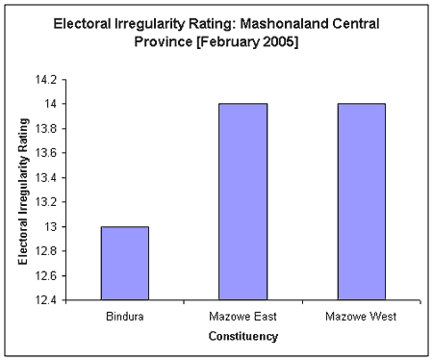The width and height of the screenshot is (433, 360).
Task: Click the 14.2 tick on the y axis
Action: pyautogui.click(x=47, y=79)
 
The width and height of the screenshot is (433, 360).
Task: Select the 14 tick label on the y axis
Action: pyautogui.click(x=52, y=104)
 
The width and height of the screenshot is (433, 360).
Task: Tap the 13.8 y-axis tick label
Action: pyautogui.click(x=47, y=128)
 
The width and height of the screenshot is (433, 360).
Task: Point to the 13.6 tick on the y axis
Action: pyautogui.click(x=47, y=153)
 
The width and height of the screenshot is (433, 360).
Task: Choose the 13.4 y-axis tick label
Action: pyautogui.click(x=47, y=177)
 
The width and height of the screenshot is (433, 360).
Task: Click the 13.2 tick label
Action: pyautogui.click(x=47, y=202)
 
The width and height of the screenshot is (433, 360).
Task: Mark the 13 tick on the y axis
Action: pyautogui.click(x=52, y=227)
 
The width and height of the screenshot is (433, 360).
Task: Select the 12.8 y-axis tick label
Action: pyautogui.click(x=47, y=251)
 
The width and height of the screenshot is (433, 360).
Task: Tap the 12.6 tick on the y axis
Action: pyautogui.click(x=47, y=276)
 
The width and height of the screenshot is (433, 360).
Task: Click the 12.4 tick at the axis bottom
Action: pyautogui.click(x=47, y=300)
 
